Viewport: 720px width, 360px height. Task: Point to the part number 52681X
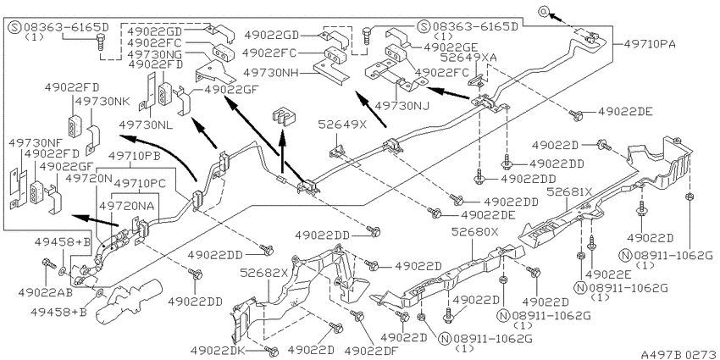[569, 192]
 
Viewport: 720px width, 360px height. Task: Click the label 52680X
[474, 232]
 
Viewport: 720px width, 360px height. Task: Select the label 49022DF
[371, 351]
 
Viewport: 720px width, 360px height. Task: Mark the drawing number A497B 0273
[679, 354]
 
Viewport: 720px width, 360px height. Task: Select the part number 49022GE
[451, 47]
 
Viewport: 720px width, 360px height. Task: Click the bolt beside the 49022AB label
[47, 263]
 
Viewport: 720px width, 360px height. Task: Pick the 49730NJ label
[402, 106]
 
